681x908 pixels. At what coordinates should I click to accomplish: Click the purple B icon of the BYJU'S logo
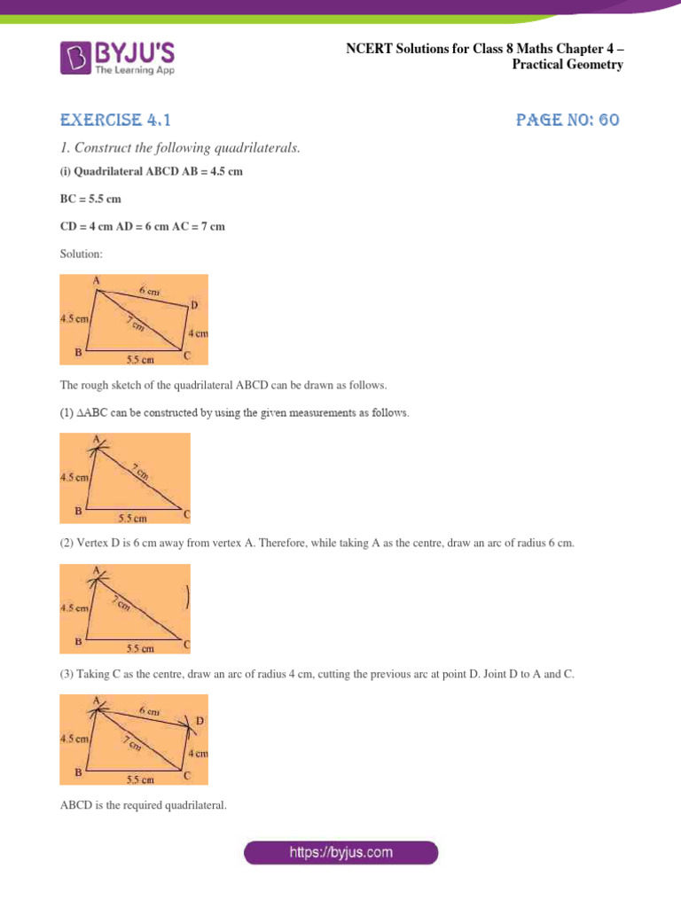tap(75, 57)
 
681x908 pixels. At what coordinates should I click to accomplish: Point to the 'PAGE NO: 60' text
tap(567, 120)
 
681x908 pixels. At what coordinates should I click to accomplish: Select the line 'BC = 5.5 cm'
tap(90, 199)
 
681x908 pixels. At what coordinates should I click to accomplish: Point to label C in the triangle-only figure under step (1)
tap(185, 513)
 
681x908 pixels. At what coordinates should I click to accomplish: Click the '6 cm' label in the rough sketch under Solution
tap(148, 291)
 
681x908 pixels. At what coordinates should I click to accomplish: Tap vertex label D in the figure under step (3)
tap(200, 721)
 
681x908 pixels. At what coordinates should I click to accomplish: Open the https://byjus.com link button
tap(340, 853)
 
